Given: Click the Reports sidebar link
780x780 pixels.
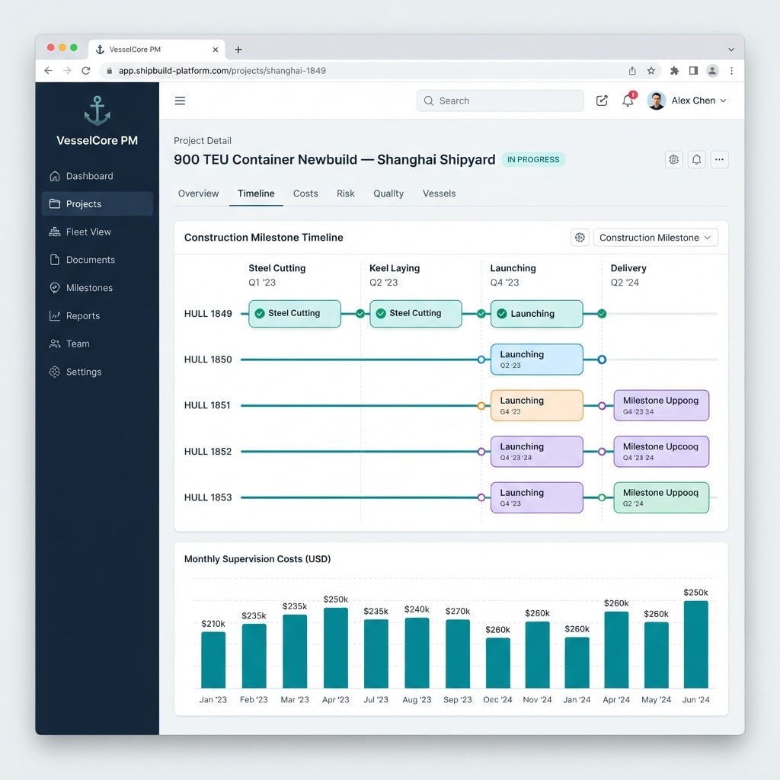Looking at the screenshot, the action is [x=75, y=316].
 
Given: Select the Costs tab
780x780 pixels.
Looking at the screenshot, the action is [x=305, y=193].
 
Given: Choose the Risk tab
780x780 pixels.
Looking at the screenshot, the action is [x=345, y=193].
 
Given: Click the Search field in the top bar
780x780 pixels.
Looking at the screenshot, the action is [x=500, y=101].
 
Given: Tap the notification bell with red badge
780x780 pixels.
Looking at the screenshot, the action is [x=628, y=100].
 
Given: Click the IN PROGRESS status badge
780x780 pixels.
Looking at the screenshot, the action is [x=533, y=160].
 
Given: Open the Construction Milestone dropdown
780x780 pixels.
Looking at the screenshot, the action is [x=655, y=238].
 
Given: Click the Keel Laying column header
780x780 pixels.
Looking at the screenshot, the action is [x=395, y=268].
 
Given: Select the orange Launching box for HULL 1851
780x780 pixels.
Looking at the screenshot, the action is [x=537, y=405].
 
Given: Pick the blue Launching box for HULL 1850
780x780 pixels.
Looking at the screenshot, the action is [x=537, y=360].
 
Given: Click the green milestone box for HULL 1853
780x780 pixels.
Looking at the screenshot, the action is [x=661, y=497].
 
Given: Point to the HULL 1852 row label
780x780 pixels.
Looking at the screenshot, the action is [x=208, y=452].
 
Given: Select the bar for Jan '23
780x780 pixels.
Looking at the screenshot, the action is [x=213, y=660].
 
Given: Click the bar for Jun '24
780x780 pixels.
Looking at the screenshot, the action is [x=696, y=644].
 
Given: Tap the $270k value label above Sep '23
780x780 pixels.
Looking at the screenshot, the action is [x=458, y=611].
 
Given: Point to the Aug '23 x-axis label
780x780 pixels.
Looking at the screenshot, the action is [x=417, y=700].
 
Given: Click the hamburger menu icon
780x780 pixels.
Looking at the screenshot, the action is [x=180, y=101].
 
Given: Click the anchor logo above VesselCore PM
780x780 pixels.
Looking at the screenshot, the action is [x=97, y=110].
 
